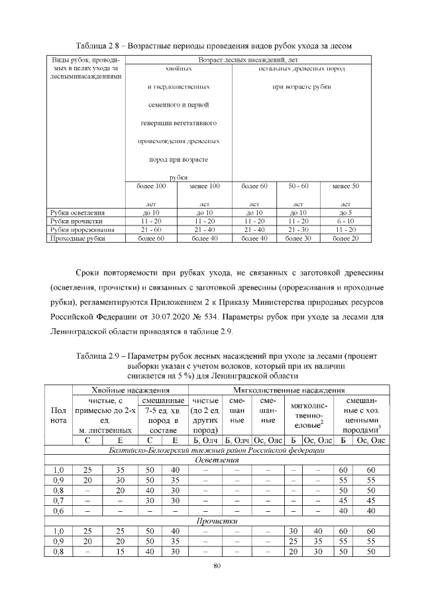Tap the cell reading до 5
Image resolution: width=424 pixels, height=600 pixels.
coord(344,212)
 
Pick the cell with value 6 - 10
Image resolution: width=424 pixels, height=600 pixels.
coord(344,221)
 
